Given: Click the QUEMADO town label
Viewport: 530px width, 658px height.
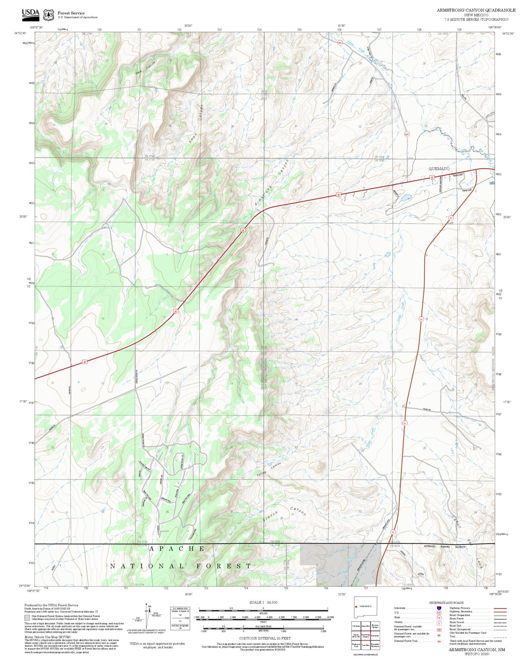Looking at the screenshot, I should click(439, 169).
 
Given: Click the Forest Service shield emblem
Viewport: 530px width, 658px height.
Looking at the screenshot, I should click(48, 15).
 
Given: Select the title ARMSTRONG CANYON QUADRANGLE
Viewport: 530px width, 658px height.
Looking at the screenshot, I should click(476, 10).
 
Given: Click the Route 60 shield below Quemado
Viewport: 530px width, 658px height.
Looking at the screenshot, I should click(432, 178).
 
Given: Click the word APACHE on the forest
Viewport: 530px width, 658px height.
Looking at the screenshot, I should click(177, 549).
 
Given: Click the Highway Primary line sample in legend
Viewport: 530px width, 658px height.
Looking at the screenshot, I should click(500, 608).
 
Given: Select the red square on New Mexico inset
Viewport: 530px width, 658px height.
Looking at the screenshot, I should click(356, 606).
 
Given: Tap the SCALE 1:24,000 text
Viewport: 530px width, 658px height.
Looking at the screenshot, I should click(263, 602).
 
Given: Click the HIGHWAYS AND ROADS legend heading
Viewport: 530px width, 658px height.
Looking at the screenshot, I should click(446, 603).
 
